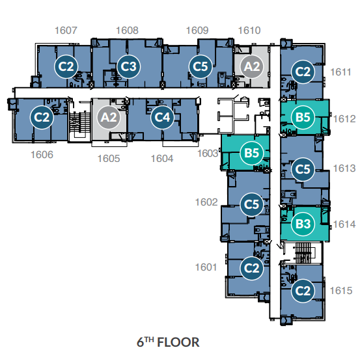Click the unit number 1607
(66, 31)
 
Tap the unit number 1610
(249, 31)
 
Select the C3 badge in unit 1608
(129, 66)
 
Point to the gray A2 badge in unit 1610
(252, 66)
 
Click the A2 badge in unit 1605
(109, 117)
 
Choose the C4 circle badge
(162, 117)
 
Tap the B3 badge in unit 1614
(303, 224)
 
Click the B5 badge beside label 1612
(303, 117)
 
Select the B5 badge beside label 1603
(252, 153)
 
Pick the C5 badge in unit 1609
(201, 66)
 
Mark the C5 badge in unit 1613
(303, 169)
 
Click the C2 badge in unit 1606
(42, 117)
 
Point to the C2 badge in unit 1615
(303, 291)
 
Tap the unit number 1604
(162, 159)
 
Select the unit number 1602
(206, 202)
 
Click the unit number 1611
(340, 72)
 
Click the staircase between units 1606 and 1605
(80, 123)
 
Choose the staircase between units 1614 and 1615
(303, 252)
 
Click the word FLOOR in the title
(178, 342)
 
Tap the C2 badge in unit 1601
(252, 268)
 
